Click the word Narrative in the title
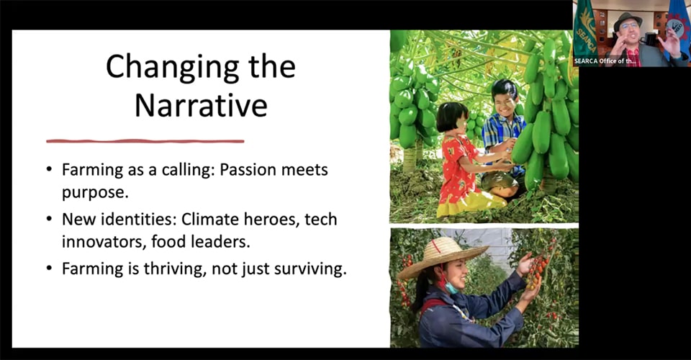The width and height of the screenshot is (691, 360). coord(201,105)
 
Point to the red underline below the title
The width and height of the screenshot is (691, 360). coord(145,141)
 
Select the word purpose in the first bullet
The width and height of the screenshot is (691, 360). coord(95,193)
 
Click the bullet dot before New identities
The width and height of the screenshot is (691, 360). coord(49,219)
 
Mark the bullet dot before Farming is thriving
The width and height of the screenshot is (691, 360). coord(49,269)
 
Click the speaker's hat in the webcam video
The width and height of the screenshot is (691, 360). coord(628,20)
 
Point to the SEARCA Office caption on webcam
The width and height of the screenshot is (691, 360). coord(605,61)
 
